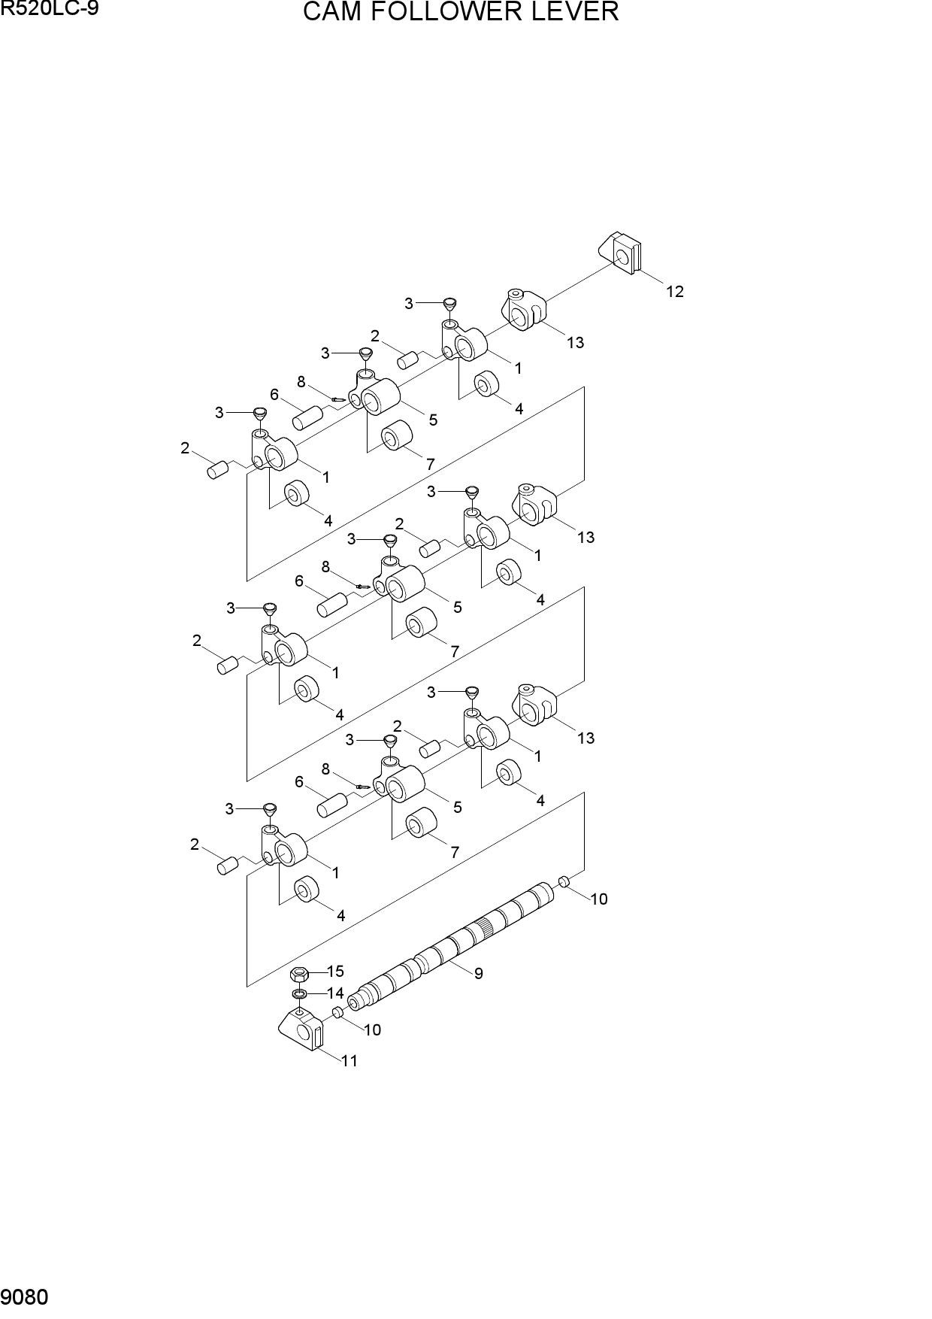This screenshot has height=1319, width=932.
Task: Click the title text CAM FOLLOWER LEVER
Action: pyautogui.click(x=461, y=12)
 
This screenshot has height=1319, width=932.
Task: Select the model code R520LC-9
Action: pyautogui.click(x=49, y=8)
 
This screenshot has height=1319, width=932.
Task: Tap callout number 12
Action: pyautogui.click(x=675, y=292)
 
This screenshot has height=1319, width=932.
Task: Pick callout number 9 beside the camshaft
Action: pyautogui.click(x=478, y=974)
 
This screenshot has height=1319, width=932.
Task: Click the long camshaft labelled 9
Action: pyautogui.click(x=455, y=945)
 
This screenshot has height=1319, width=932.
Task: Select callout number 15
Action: pyautogui.click(x=334, y=972)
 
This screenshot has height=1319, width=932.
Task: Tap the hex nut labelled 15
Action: pyautogui.click(x=298, y=975)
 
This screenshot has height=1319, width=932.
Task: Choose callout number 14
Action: pyautogui.click(x=334, y=993)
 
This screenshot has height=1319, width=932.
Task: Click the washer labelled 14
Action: pyautogui.click(x=298, y=995)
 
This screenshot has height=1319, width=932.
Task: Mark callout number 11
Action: pyautogui.click(x=349, y=1061)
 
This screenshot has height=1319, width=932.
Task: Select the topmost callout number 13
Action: pyautogui.click(x=575, y=343)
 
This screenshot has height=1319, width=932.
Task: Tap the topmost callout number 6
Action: pyautogui.click(x=274, y=395)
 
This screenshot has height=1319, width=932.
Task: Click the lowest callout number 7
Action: pyautogui.click(x=454, y=853)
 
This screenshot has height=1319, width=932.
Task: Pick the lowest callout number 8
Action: pyautogui.click(x=325, y=769)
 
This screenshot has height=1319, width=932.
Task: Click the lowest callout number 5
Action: pyautogui.click(x=457, y=808)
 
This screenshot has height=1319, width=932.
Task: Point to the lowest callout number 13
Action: pyautogui.click(x=586, y=738)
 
